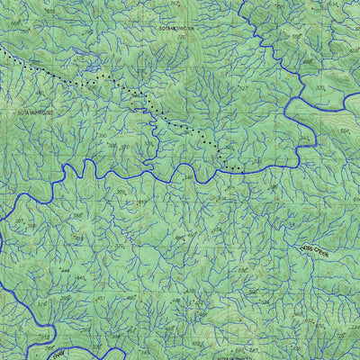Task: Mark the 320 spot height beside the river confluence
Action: pos(319,88)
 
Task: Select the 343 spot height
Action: pos(120,192)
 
